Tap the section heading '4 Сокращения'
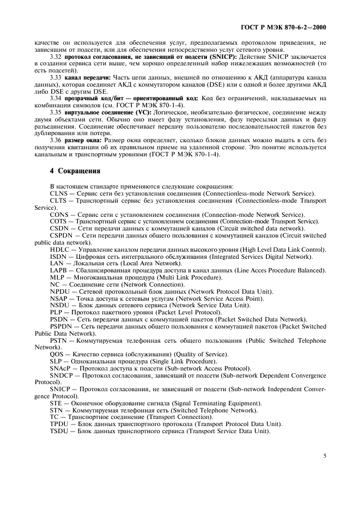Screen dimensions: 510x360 tap(75, 171)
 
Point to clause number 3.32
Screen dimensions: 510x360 tap(57, 57)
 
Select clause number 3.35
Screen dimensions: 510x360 tap(57, 112)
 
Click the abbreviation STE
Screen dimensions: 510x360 tap(56, 403)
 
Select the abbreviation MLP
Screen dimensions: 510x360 tap(57, 277)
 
